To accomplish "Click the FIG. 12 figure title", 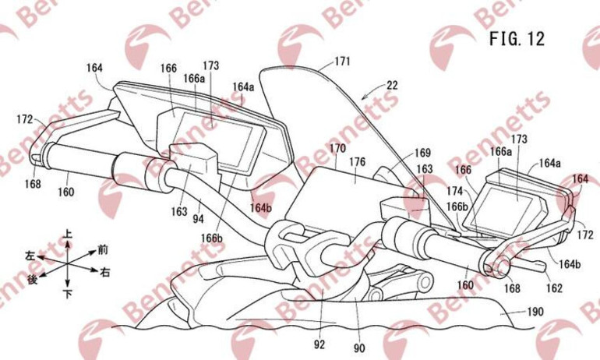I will coord(516,37).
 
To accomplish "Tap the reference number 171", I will coord(343,60).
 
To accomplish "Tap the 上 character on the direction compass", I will coord(69,232).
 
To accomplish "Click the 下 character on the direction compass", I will coord(69,294).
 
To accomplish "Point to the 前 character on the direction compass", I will coord(102,249).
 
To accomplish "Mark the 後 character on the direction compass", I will coord(32,278).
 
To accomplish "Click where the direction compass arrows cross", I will coord(69,263).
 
